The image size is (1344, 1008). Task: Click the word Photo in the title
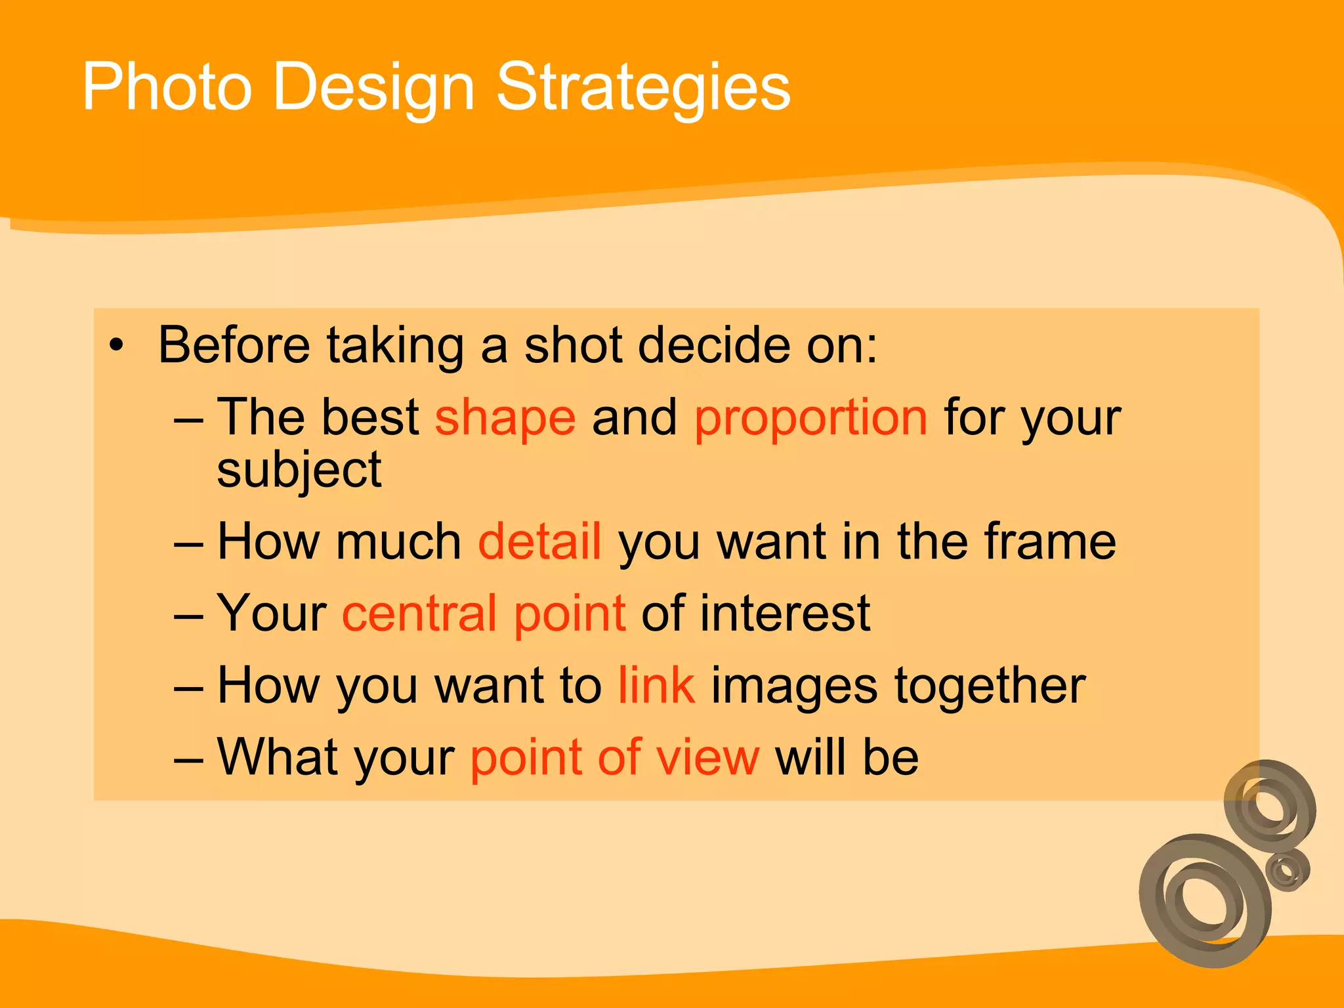pos(167,87)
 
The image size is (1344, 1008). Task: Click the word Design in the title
pos(373,88)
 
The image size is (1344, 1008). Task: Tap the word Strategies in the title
pos(643,88)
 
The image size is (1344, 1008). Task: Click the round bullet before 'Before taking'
pos(116,345)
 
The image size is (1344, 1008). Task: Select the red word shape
pos(505,418)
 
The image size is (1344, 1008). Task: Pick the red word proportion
pos(810,418)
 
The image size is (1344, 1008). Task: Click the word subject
pos(299,471)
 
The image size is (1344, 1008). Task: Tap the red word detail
pos(539,541)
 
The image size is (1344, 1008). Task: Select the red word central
pos(419,614)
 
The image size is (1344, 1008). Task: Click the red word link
pos(656,685)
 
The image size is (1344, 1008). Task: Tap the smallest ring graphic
pos(1287,870)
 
